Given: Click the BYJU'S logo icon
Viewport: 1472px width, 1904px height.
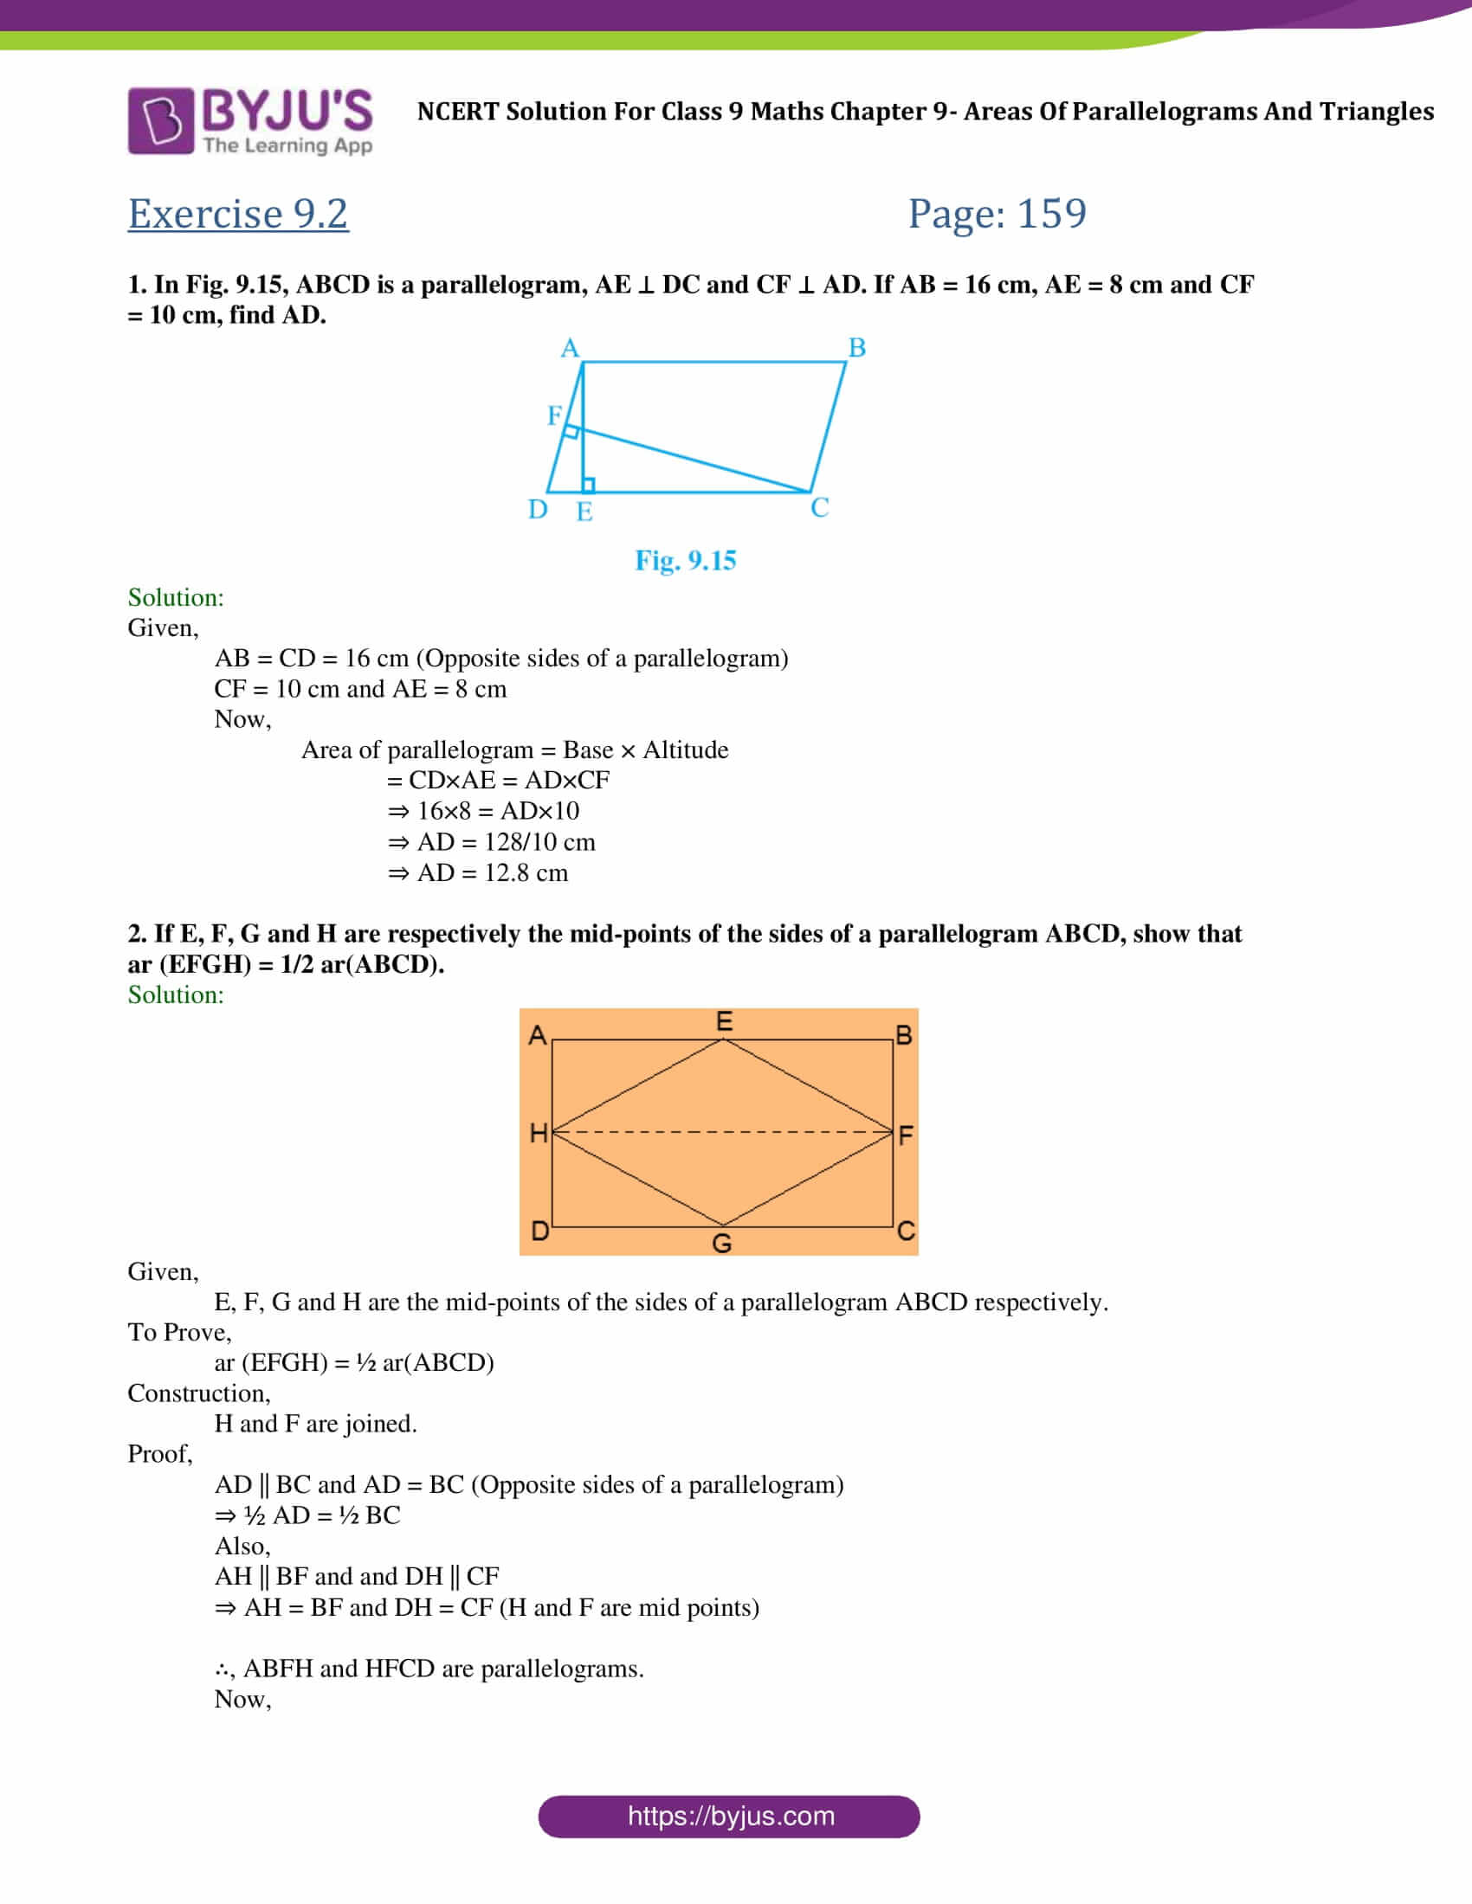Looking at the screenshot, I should [x=160, y=120].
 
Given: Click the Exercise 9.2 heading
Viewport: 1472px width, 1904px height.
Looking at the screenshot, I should [x=238, y=214].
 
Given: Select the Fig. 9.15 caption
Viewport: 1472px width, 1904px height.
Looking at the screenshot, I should [x=686, y=560].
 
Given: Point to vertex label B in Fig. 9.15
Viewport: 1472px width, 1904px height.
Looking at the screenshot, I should [x=857, y=348].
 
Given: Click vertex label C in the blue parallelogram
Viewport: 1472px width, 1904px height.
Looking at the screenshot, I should [x=820, y=507].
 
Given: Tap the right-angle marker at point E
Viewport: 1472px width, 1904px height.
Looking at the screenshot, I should [x=589, y=486].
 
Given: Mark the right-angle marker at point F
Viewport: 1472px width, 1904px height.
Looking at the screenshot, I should [x=571, y=432].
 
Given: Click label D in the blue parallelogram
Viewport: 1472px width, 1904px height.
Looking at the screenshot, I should [x=538, y=509].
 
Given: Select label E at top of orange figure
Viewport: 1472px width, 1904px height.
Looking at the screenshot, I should [x=724, y=1021].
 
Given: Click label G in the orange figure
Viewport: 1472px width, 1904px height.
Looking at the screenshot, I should [x=722, y=1243].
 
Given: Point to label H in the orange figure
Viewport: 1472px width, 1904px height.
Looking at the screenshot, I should [x=539, y=1133].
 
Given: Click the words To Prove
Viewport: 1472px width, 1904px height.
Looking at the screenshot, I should [x=178, y=1332].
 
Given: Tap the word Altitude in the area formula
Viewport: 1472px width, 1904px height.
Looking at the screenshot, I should [x=686, y=749].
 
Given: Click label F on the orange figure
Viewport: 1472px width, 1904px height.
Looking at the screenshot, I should [x=906, y=1135].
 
